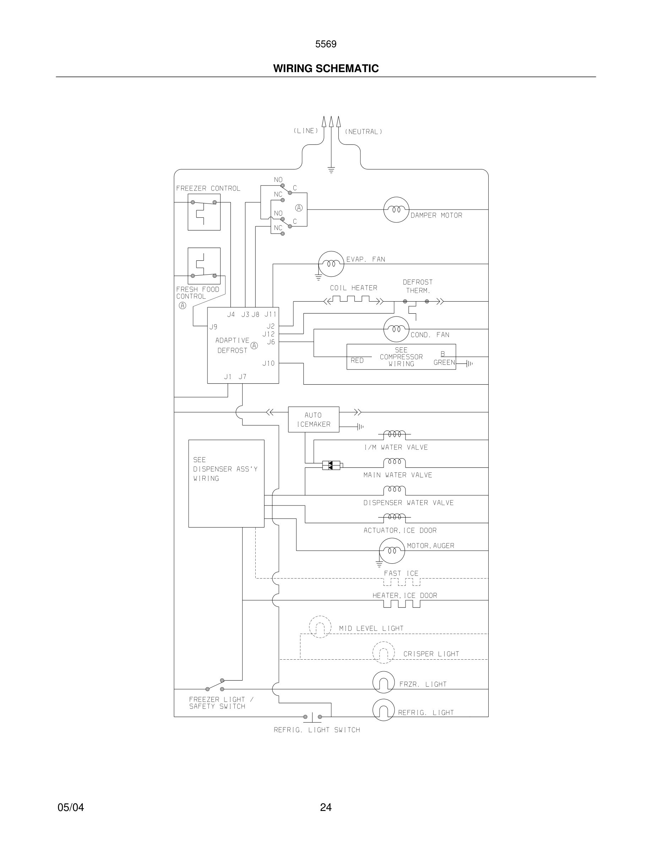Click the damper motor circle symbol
click(x=396, y=210)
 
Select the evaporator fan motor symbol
click(x=331, y=264)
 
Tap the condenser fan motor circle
click(x=396, y=329)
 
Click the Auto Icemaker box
click(x=314, y=419)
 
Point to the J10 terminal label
click(x=268, y=363)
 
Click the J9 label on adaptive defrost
click(x=213, y=327)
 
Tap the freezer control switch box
click(x=204, y=212)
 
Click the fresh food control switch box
click(x=204, y=266)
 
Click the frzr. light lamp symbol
click(x=384, y=682)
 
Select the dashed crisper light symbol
click(x=384, y=652)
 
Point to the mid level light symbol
click(x=320, y=627)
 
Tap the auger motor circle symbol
click(x=392, y=550)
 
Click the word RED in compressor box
click(x=357, y=361)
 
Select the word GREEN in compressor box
click(x=444, y=362)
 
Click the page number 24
click(x=326, y=807)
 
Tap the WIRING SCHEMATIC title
click(x=326, y=69)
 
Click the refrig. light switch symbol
click(x=313, y=717)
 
